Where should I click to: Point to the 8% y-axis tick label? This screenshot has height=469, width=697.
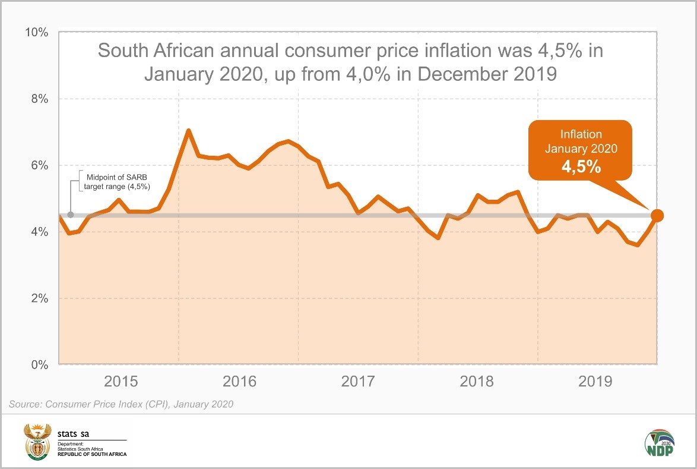(39, 99)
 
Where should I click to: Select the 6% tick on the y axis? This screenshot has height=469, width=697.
(39, 165)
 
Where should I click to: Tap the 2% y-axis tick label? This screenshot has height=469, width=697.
(39, 298)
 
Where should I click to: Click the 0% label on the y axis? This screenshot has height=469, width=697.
(39, 365)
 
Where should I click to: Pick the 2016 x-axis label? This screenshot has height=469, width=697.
(239, 381)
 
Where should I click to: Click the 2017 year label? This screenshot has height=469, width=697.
(358, 381)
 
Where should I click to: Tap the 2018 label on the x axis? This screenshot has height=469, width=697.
(477, 381)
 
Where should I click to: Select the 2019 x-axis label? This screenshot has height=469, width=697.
(595, 381)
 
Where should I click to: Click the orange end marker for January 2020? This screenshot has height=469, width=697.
(657, 215)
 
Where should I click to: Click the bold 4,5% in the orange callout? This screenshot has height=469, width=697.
(581, 167)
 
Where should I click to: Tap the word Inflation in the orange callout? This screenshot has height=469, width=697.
(581, 134)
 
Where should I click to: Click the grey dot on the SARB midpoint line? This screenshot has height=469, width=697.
(71, 215)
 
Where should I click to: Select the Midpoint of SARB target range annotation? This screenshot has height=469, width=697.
(113, 181)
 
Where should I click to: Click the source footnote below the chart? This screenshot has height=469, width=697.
(121, 404)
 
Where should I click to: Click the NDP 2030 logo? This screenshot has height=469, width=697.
(659, 443)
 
